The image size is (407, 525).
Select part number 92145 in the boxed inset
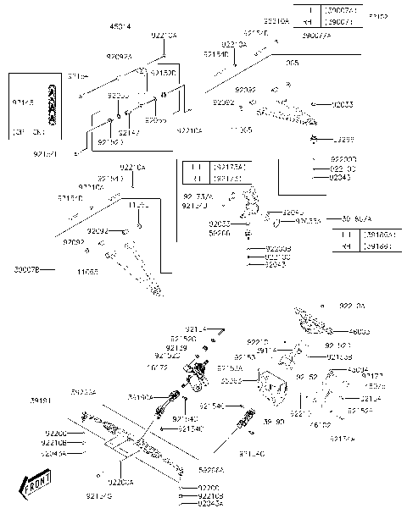click(x=23, y=102)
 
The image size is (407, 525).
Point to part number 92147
click(x=128, y=133)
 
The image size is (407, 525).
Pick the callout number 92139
click(x=176, y=347)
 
